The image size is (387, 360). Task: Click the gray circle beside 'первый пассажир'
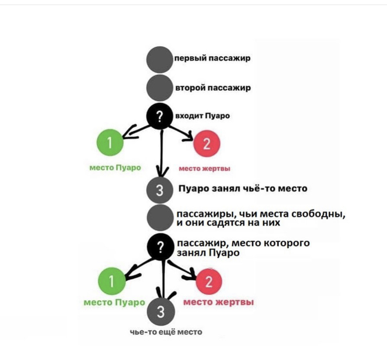tap(160, 59)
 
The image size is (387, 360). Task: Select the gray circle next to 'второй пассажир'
tap(160, 87)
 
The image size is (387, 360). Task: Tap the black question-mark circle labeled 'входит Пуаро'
tap(160, 116)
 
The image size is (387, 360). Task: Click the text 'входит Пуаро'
tap(202, 116)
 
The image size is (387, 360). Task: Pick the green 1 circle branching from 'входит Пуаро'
tap(109, 144)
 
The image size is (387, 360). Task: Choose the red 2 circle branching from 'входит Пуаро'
tap(207, 145)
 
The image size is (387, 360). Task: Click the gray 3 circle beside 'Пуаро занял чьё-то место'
tap(160, 191)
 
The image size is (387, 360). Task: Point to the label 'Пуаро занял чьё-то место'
tap(243, 189)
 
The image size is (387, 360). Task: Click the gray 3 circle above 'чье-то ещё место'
tap(160, 312)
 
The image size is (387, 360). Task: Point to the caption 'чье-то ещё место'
tap(166, 332)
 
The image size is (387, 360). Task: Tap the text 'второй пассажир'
tap(213, 87)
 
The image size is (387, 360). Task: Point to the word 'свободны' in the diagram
tap(321, 213)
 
